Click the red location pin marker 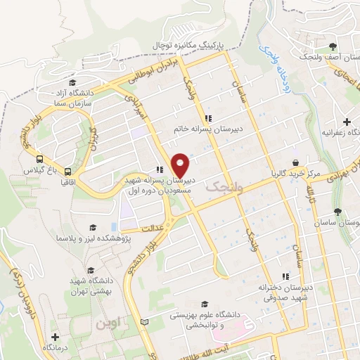[181, 166]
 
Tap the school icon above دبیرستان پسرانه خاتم [207, 117]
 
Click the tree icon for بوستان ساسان [338, 210]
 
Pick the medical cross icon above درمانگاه [55, 337]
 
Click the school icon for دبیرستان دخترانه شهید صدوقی [285, 276]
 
